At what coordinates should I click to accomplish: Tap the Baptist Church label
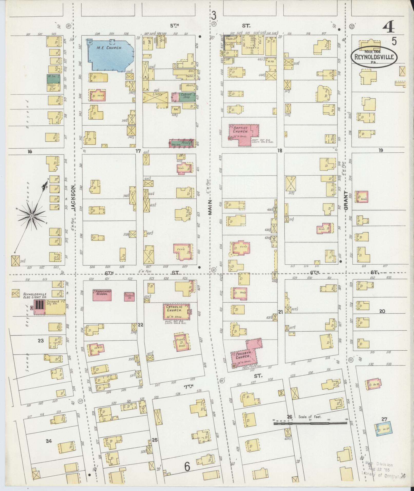point(240,129)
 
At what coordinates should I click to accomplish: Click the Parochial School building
point(102,295)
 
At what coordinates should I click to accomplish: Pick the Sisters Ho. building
point(129,296)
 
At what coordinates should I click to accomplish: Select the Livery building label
point(157,94)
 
